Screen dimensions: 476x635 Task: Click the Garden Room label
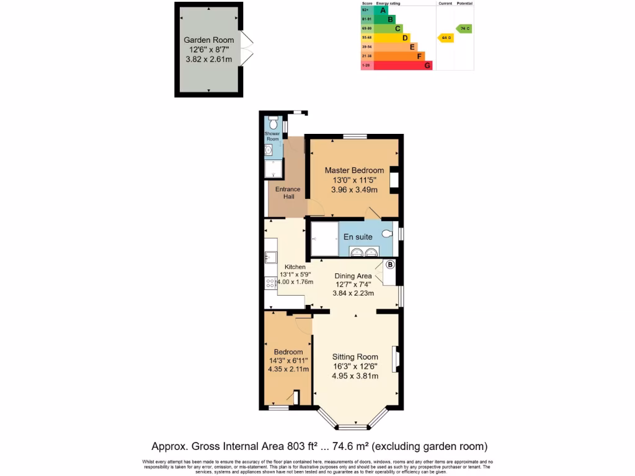click(208, 40)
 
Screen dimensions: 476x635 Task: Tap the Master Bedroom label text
click(354, 170)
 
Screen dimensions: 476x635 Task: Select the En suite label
click(357, 237)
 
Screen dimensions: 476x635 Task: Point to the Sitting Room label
click(355, 356)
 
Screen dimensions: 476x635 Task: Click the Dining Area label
click(353, 276)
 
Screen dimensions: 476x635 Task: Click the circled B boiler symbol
click(390, 265)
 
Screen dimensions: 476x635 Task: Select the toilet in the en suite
click(387, 234)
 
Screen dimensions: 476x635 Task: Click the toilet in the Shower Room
click(273, 122)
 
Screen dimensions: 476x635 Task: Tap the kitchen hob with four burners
click(271, 283)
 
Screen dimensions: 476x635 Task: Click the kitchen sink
click(270, 257)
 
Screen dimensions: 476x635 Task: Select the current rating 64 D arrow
click(445, 38)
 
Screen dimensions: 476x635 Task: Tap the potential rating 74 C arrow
click(464, 29)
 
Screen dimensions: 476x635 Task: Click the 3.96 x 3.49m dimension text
click(354, 190)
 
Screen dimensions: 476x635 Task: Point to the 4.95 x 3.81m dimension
click(355, 376)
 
